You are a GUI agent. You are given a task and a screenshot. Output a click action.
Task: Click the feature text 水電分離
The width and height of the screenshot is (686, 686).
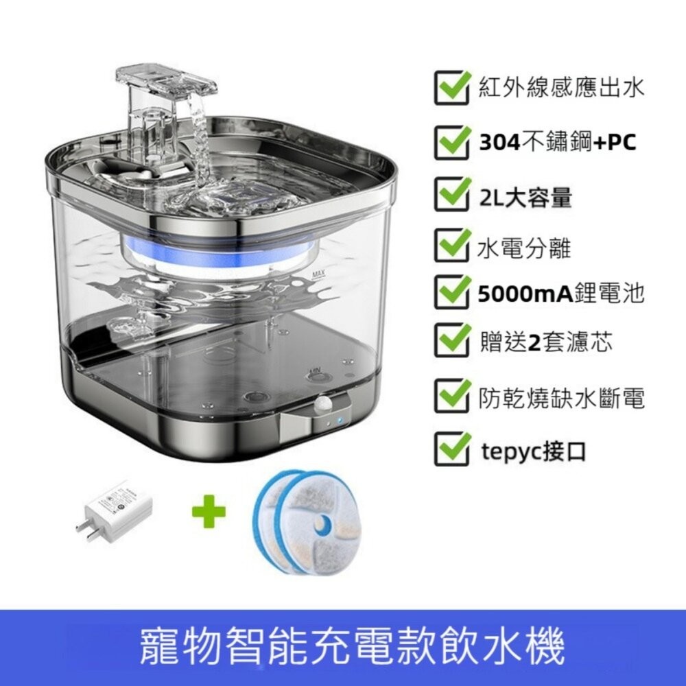[x=524, y=248]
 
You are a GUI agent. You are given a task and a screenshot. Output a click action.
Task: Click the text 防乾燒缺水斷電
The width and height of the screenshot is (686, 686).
[x=561, y=398]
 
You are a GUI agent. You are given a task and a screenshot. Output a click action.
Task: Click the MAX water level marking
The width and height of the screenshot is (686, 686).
[x=318, y=275]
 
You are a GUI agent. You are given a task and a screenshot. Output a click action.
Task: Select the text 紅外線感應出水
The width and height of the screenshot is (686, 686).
[x=561, y=88]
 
